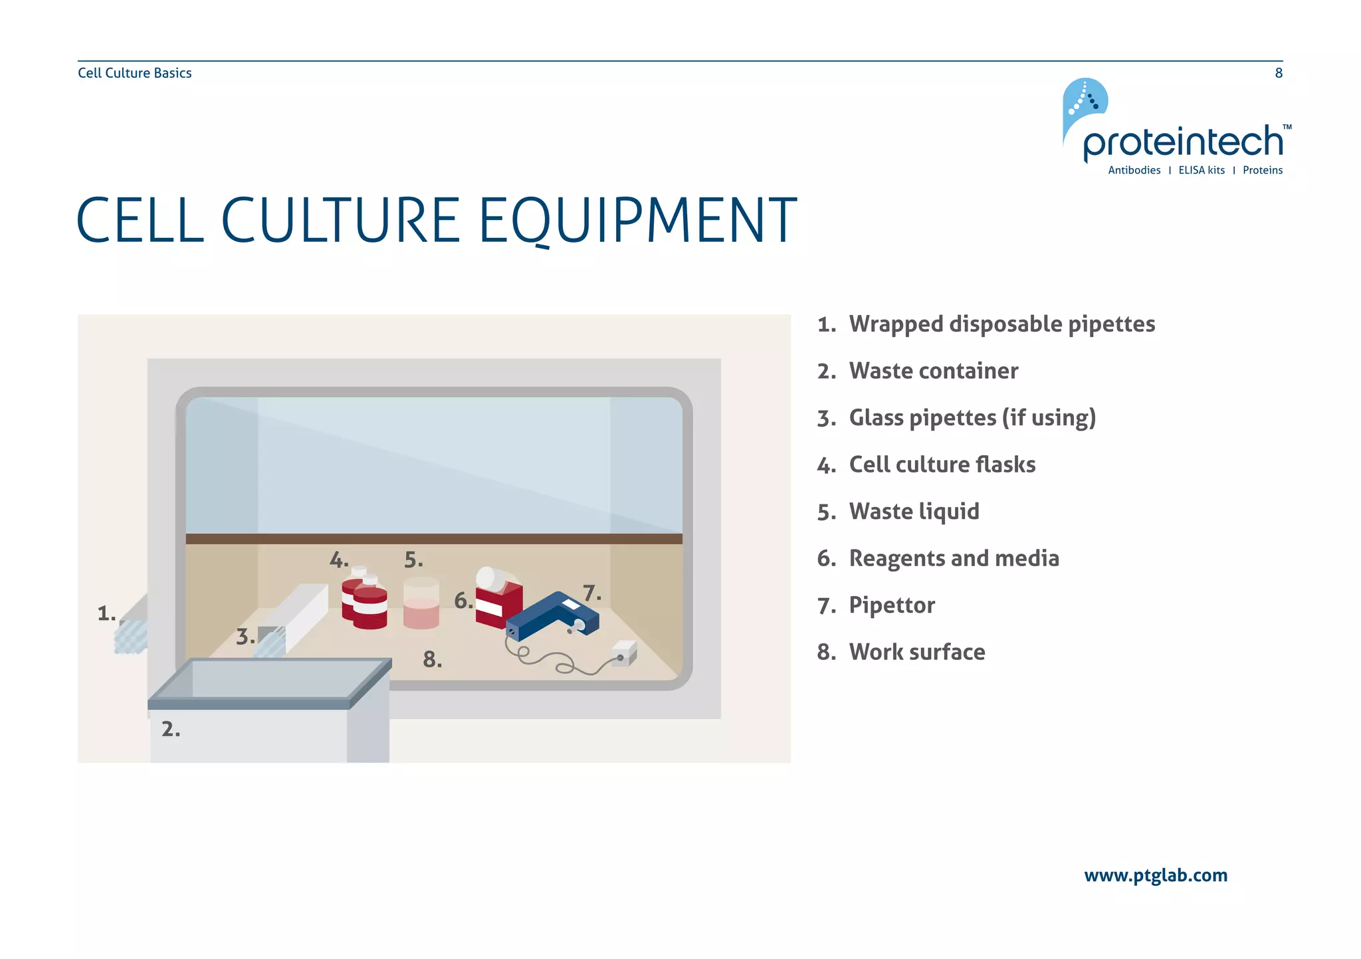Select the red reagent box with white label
pyautogui.click(x=499, y=602)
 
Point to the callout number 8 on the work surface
pyautogui.click(x=432, y=659)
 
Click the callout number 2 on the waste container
pyautogui.click(x=170, y=729)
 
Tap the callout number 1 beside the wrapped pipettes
pyautogui.click(x=106, y=613)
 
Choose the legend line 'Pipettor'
pyautogui.click(x=892, y=605)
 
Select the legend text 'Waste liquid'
pyautogui.click(x=914, y=512)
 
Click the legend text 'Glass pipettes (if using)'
pyautogui.click(x=972, y=418)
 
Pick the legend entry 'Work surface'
pyautogui.click(x=917, y=652)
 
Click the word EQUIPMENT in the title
pyautogui.click(x=637, y=220)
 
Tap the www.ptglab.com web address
pyautogui.click(x=1156, y=875)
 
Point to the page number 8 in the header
pyautogui.click(x=1279, y=73)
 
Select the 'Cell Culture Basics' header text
pyautogui.click(x=135, y=73)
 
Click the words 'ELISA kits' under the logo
pyautogui.click(x=1202, y=170)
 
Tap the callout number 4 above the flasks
pyautogui.click(x=339, y=560)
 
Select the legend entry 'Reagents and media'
pyautogui.click(x=954, y=558)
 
